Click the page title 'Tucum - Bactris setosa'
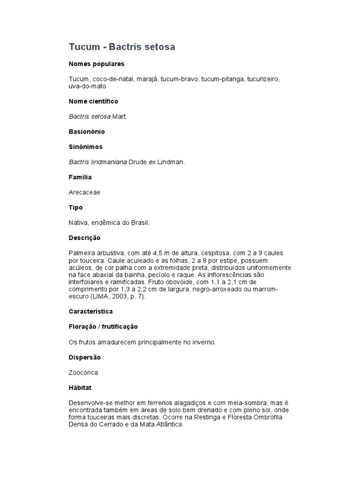122,47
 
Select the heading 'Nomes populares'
97,64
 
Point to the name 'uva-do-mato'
87,86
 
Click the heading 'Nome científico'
93,101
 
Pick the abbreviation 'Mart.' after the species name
120,116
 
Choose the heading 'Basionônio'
87,132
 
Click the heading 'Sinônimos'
85,147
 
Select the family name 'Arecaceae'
84,192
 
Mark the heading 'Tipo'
75,208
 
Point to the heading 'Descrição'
84,238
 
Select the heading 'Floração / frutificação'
103,327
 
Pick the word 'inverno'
205,342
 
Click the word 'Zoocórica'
83,373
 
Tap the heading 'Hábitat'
80,388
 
